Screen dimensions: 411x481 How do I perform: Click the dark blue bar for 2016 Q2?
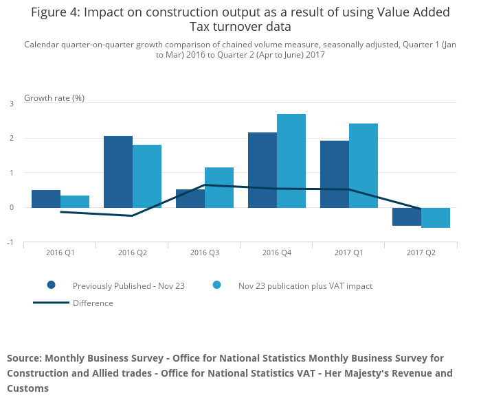click(118, 172)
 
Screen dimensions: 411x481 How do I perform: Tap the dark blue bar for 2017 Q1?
click(335, 174)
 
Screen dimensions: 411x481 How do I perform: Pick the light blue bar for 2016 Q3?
click(219, 187)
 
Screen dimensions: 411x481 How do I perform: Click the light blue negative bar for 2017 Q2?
click(436, 218)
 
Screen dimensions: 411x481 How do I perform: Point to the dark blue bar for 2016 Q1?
click(46, 199)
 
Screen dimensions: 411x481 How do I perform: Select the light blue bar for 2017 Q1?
click(363, 165)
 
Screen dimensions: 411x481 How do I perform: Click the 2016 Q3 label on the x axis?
click(205, 253)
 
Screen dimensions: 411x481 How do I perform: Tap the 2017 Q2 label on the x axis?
click(421, 253)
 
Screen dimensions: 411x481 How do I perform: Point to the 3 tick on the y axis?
click(12, 104)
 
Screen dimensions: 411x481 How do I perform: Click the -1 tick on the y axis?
click(10, 242)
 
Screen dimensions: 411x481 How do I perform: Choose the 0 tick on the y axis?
click(12, 207)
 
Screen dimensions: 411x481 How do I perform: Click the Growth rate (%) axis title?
click(54, 97)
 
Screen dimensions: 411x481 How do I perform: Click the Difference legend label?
click(93, 303)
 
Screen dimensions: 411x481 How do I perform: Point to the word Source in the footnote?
click(24, 358)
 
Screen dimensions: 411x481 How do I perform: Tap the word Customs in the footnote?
click(27, 388)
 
